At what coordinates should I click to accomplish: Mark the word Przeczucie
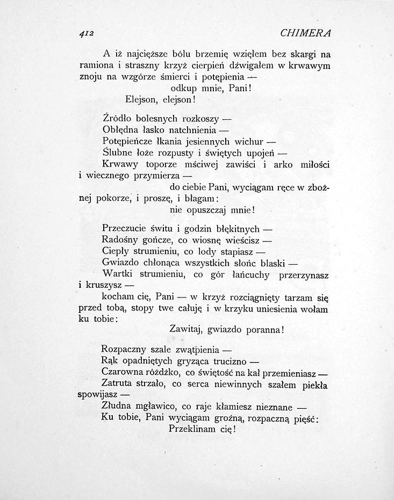(x=125, y=228)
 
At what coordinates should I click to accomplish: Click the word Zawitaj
(x=184, y=329)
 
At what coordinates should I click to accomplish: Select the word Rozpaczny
(x=123, y=350)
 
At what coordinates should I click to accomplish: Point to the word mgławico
(x=154, y=407)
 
